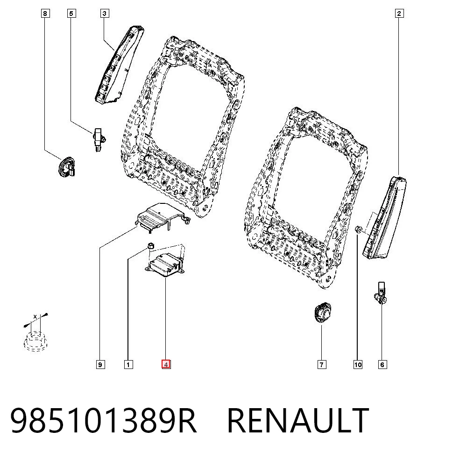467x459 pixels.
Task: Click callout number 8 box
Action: coord(45,14)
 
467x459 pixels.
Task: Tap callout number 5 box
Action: coord(71,14)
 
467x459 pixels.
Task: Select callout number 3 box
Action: coord(104,14)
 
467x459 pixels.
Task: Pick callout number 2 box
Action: coord(399,14)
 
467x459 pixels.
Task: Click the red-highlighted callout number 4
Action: coord(166,364)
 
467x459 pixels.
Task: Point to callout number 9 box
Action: coord(100,364)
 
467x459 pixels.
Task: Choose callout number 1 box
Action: coord(128,364)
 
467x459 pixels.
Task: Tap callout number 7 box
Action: coord(322,364)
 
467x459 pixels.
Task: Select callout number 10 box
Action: coord(358,364)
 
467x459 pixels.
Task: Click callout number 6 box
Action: coord(382,364)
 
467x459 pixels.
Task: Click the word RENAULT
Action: coord(298,420)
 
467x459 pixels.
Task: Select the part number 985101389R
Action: coord(103,420)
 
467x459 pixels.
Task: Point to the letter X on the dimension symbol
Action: coord(35,317)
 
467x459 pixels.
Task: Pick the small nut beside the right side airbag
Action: coord(359,229)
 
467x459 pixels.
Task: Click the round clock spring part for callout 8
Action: coord(66,167)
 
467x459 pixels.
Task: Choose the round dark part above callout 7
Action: coord(323,312)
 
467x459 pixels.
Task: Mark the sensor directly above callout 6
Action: coord(381,293)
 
